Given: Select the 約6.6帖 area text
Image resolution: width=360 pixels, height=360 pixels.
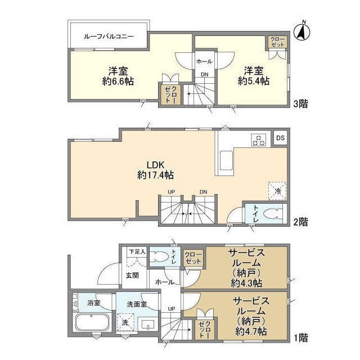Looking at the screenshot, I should pyautogui.click(x=118, y=82).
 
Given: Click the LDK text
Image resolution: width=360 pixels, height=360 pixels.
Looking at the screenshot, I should pyautogui.click(x=155, y=164).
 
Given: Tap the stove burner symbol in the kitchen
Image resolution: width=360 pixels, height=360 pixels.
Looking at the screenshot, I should pyautogui.click(x=259, y=139).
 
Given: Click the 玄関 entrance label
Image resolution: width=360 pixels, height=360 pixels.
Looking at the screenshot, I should pyautogui.click(x=132, y=275).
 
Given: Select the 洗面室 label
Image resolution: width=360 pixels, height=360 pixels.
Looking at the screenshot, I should pyautogui.click(x=137, y=304).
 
